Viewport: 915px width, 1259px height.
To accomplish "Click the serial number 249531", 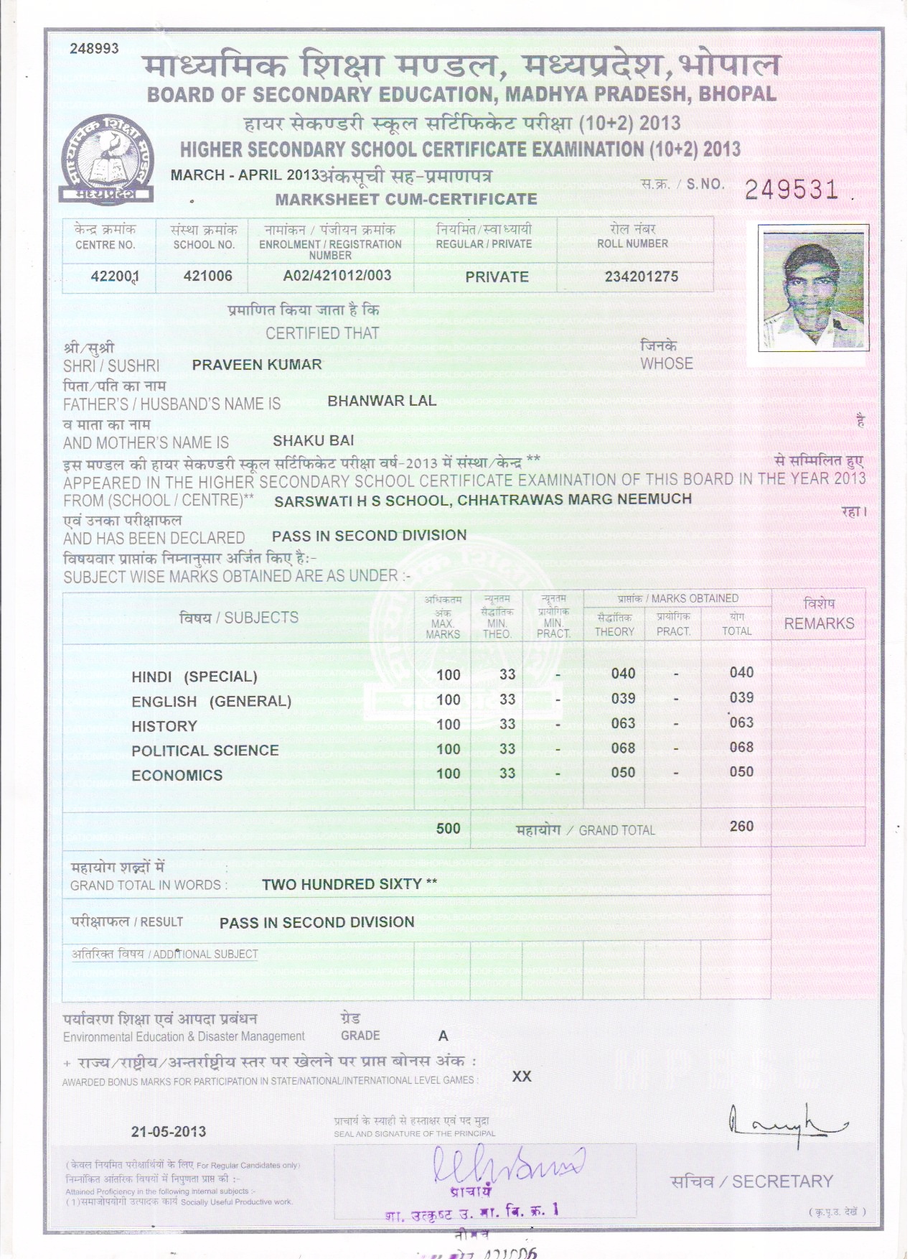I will click(792, 190).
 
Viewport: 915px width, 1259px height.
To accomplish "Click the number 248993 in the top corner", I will click(94, 49).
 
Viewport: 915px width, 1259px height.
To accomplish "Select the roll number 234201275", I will click(641, 277).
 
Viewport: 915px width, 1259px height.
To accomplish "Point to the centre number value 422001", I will click(115, 277).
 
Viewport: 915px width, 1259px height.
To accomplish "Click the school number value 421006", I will click(207, 276).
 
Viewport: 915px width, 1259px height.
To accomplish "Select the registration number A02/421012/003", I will click(337, 276).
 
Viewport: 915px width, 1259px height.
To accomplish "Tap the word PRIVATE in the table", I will click(497, 277).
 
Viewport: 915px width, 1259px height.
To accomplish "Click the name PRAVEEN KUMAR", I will click(257, 365).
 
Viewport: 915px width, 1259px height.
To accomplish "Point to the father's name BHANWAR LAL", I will click(382, 401).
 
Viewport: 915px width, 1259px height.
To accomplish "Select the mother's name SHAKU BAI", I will click(314, 440).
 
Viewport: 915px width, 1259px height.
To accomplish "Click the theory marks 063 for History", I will click(623, 723).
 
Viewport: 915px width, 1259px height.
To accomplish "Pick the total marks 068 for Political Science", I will click(741, 748).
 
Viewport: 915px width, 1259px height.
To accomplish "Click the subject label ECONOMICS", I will click(177, 776).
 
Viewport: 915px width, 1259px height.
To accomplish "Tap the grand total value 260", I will click(741, 827).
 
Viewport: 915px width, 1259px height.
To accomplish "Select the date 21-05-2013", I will click(169, 1132).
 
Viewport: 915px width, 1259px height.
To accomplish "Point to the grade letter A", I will click(443, 1036).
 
